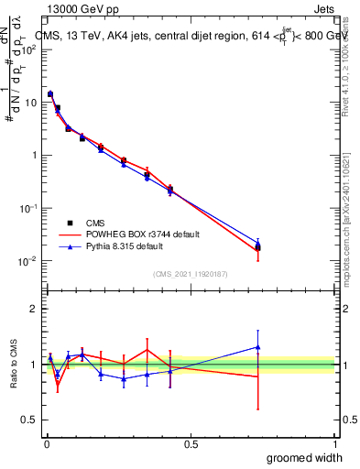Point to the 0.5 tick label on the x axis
[x=191, y=443]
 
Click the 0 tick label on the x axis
[x=47, y=443]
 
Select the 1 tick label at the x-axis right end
[x=334, y=443]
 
